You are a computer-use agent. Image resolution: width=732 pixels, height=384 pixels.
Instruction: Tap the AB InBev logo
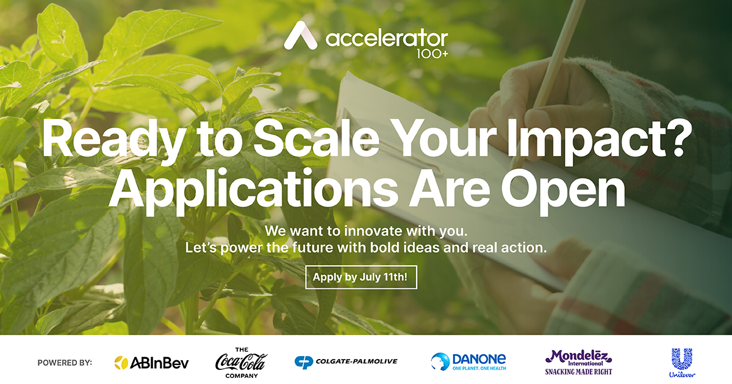coord(152,363)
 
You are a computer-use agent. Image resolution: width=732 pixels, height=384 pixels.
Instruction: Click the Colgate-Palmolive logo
coord(345,361)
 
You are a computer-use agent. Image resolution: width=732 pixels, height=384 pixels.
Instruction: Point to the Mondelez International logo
coord(578,357)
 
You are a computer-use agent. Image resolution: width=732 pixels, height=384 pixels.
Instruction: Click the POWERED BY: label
coord(65,363)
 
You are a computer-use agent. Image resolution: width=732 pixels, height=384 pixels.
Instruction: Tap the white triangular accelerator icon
coord(301,36)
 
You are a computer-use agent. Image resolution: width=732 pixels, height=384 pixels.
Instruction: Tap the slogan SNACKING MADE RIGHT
coord(578,371)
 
